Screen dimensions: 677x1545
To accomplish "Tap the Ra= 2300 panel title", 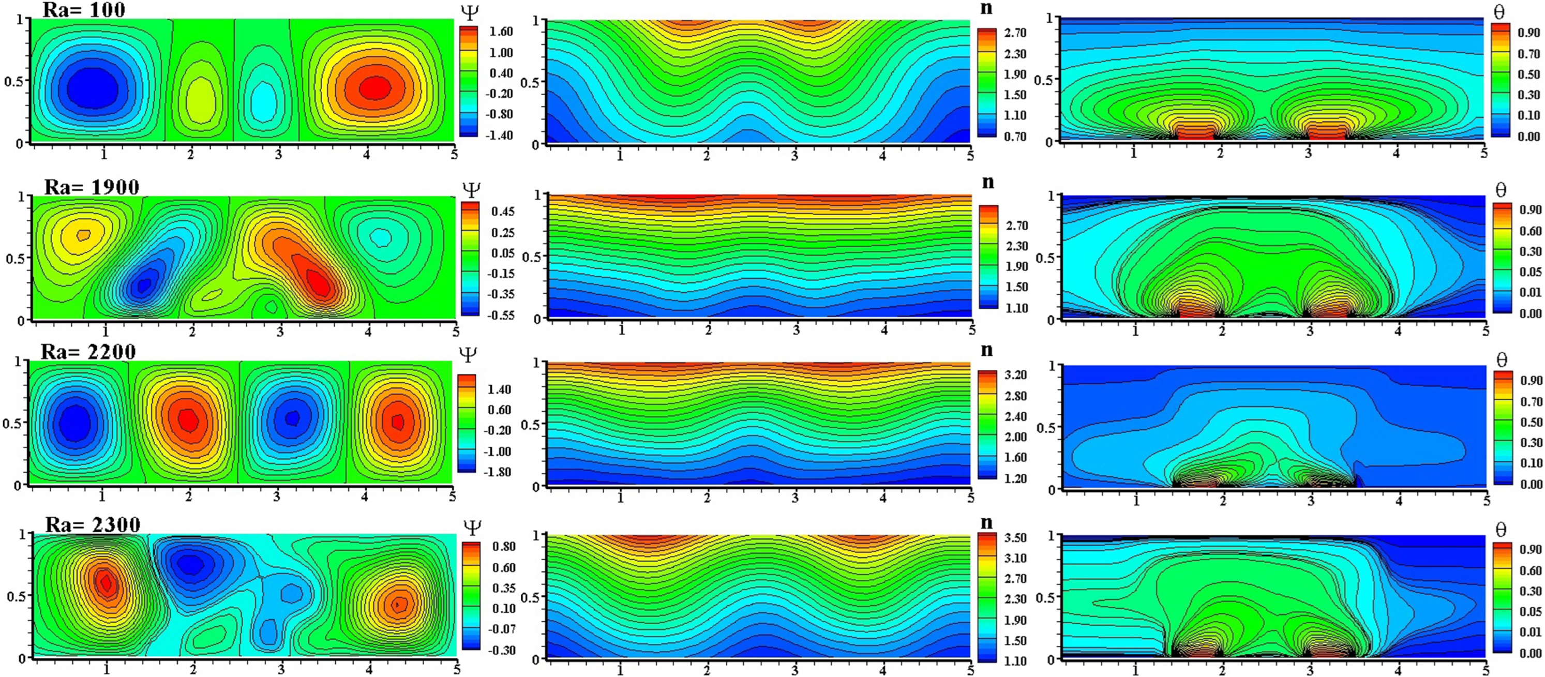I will pyautogui.click(x=93, y=525).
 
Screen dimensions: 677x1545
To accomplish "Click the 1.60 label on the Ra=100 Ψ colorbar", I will pyautogui.click(x=501, y=32).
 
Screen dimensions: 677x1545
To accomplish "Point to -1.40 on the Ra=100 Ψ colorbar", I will pyautogui.click(x=500, y=135).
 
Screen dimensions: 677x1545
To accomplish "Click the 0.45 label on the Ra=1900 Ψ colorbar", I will pyautogui.click(x=503, y=212).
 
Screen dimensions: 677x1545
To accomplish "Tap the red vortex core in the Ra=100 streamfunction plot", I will pyautogui.click(x=376, y=87).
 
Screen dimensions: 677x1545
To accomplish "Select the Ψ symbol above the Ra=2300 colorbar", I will pyautogui.click(x=472, y=528).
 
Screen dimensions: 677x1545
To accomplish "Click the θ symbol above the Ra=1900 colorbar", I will pyautogui.click(x=1501, y=190).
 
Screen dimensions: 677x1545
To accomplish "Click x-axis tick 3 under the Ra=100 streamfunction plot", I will pyautogui.click(x=278, y=155).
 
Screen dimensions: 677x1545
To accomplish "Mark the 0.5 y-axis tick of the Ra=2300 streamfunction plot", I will pyautogui.click(x=17, y=596).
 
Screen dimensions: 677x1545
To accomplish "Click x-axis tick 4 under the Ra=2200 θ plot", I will pyautogui.click(x=1399, y=501).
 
